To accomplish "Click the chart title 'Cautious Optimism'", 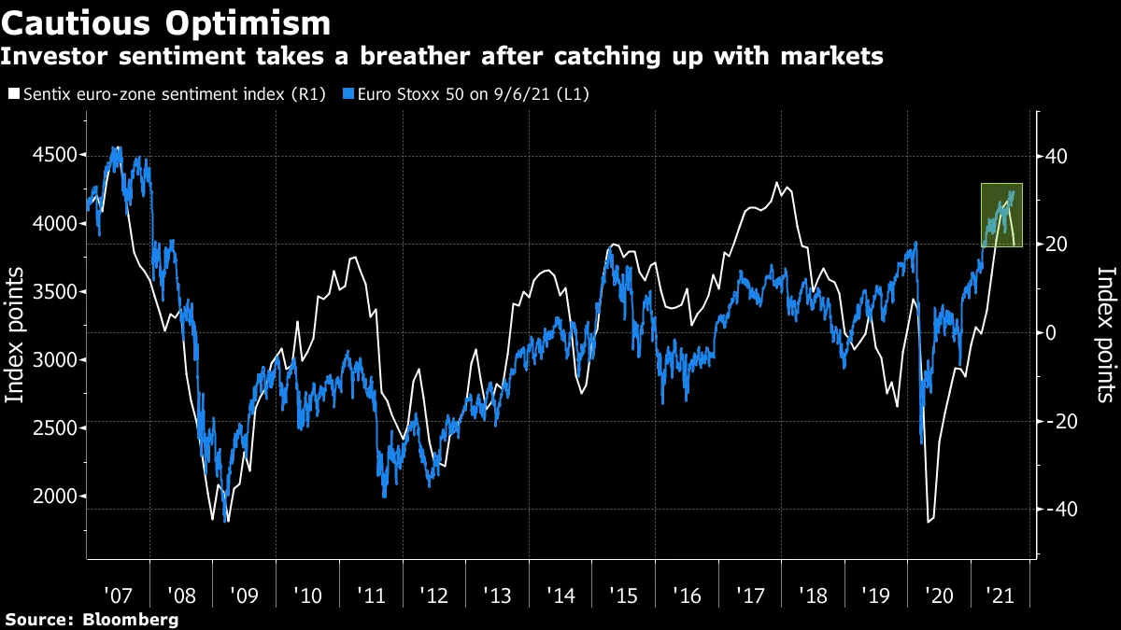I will pos(166,22).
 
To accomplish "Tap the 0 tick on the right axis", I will pos(1051,333).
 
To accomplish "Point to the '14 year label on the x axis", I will pos(563,595).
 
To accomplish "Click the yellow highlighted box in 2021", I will pos(1001,215).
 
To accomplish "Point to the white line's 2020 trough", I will pos(929,522).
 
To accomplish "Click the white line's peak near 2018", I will pos(777,182).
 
